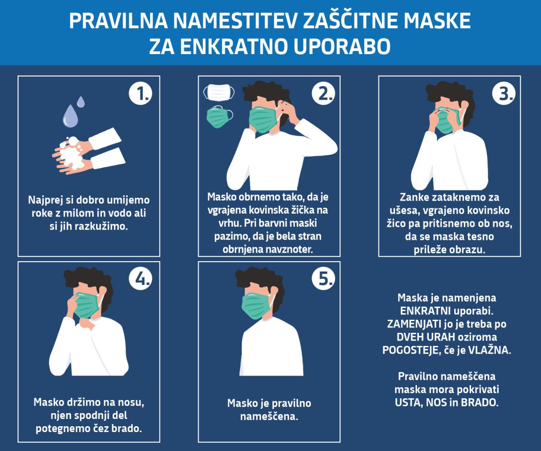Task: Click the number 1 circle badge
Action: coord(140,93)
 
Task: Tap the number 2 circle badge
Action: coord(323,93)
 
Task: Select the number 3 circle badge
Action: coord(504,93)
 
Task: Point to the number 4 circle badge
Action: coord(140,279)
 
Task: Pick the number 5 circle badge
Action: coord(323,279)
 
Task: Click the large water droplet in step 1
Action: coord(70,116)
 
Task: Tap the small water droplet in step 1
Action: coord(81,101)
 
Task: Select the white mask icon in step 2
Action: coord(219,92)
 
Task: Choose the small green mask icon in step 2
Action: coord(220,117)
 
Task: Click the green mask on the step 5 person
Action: coord(256,306)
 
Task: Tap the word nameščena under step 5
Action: coord(269,416)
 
